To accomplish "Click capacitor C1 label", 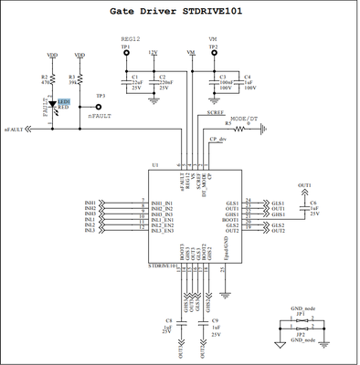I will (134, 78).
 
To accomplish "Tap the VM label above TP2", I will (213, 38).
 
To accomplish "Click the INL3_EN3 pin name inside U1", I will (164, 230).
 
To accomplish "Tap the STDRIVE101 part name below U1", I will (164, 266).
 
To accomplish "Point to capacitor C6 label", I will (312, 203).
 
